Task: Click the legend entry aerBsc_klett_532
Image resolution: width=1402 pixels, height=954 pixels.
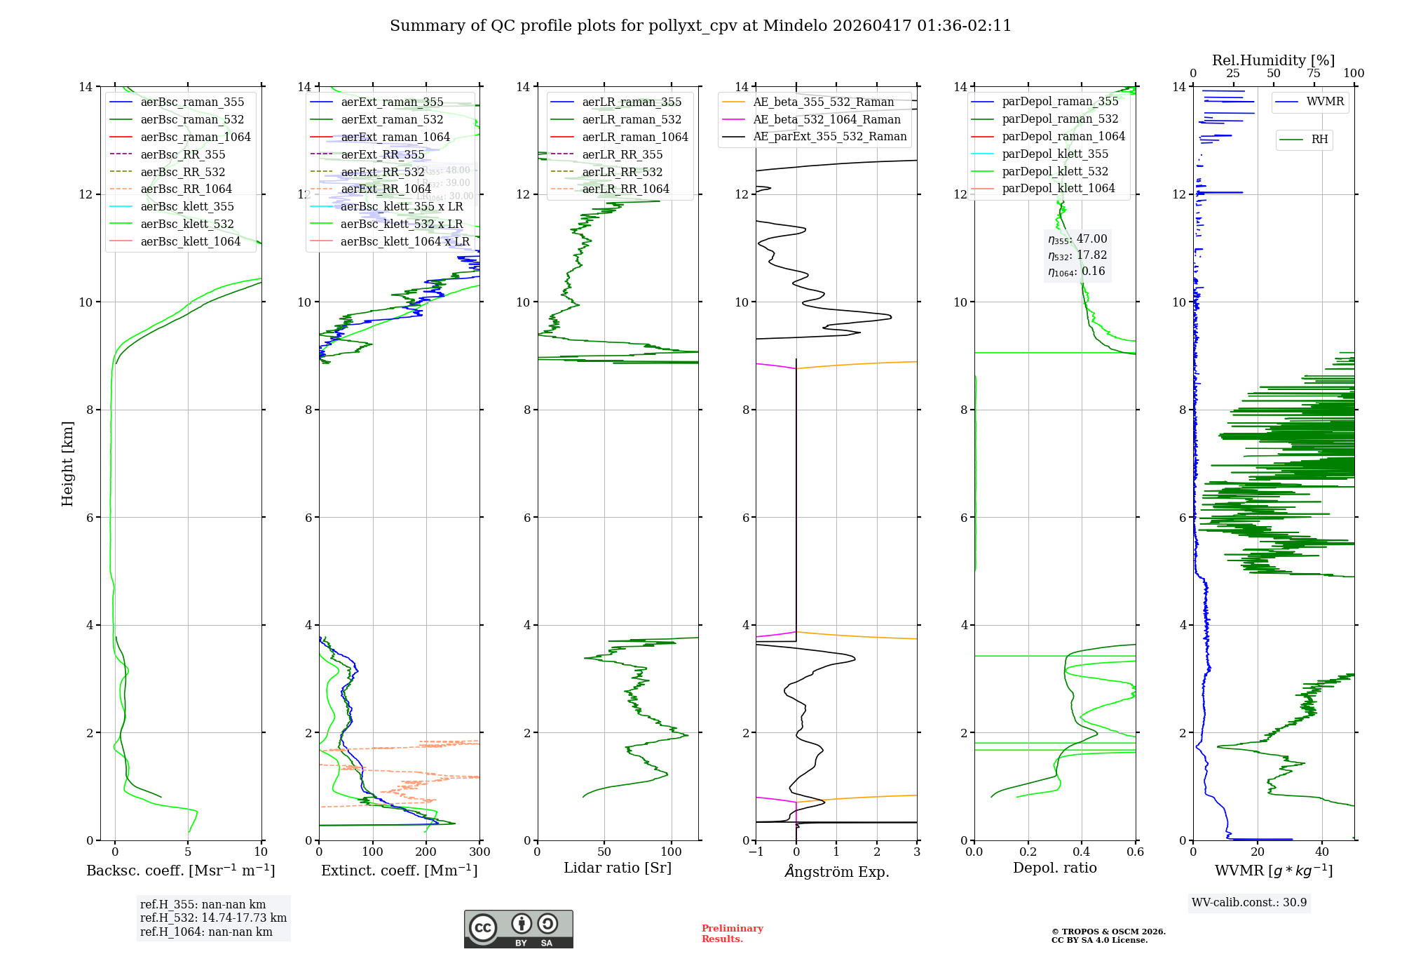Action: (187, 224)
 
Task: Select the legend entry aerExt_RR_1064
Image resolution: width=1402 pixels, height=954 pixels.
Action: (386, 189)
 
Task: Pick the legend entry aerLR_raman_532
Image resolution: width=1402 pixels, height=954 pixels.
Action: (631, 119)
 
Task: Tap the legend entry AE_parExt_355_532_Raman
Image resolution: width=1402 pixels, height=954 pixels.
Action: (829, 137)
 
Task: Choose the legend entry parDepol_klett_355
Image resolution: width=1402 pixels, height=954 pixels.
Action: (1054, 154)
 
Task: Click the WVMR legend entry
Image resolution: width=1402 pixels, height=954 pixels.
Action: (1324, 102)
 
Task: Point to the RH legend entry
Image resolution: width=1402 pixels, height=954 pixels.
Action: (1319, 140)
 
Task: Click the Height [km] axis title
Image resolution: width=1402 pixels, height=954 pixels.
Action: (67, 463)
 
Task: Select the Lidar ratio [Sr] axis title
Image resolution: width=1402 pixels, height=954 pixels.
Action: (618, 868)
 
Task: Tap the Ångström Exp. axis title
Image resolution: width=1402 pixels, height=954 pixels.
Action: (836, 871)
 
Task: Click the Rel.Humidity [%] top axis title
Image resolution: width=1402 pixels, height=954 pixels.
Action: (1273, 60)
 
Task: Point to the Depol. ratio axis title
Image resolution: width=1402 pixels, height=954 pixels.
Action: (1054, 868)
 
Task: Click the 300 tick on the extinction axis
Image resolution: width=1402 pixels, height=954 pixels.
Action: (480, 852)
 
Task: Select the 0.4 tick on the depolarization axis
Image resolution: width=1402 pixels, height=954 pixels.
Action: (1082, 852)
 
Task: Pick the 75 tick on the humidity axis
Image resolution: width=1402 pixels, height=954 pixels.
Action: (1314, 73)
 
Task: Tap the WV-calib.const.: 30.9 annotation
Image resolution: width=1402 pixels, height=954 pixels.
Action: (1249, 902)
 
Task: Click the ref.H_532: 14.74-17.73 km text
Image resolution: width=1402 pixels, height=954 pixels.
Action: (213, 918)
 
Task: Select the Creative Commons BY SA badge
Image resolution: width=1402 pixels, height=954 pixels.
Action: (518, 929)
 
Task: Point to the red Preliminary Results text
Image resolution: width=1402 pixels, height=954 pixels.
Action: (732, 933)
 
